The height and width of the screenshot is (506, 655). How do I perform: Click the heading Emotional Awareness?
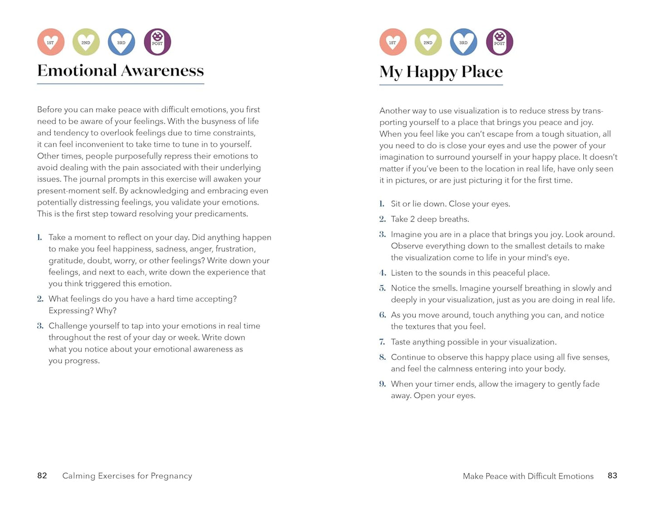tap(121, 71)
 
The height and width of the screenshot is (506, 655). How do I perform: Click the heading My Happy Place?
tap(441, 72)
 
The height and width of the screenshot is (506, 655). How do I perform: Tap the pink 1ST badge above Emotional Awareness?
tap(51, 42)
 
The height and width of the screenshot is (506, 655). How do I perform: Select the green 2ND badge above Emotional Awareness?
tap(86, 42)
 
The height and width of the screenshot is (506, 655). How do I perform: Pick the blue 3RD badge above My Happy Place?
tap(464, 42)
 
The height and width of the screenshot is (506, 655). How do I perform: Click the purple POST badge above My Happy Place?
tap(500, 42)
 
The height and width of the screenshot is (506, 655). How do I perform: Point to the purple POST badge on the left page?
tap(157, 42)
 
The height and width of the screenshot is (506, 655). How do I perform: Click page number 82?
tap(42, 476)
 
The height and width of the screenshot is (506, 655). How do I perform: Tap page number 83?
tap(612, 476)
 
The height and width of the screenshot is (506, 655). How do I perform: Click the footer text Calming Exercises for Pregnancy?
tap(127, 476)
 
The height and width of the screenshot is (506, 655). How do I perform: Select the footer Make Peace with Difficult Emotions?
tap(528, 476)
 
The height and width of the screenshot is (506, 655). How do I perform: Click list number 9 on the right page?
tap(383, 384)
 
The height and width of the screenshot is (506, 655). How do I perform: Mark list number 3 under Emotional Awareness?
tap(40, 326)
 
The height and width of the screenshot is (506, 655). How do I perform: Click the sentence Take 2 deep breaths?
tap(430, 219)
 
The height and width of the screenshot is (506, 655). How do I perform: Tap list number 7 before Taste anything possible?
tap(383, 342)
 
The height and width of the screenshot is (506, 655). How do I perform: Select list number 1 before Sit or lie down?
tap(382, 204)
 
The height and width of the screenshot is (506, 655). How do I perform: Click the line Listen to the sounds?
tap(470, 273)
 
